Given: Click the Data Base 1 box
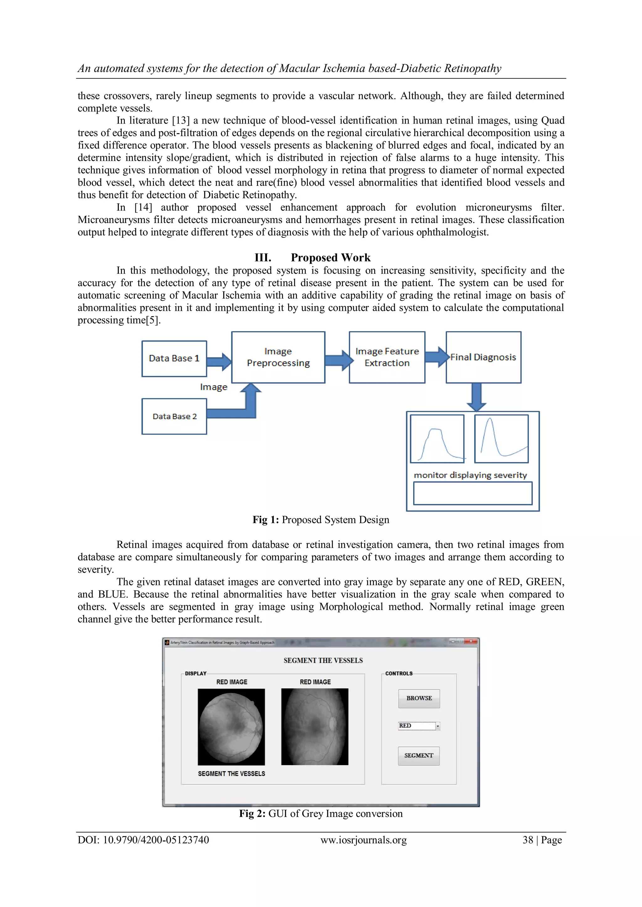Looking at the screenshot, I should [174, 358].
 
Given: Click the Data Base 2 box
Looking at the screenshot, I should [174, 416].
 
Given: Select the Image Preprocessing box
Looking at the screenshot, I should [278, 357].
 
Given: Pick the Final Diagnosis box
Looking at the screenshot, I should [483, 357].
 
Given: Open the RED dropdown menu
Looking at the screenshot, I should [437, 726].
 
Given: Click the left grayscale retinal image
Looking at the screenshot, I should [231, 727].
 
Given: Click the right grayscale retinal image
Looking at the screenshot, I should [315, 727].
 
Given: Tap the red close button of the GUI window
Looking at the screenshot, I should [471, 642].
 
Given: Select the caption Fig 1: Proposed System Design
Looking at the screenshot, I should [321, 520].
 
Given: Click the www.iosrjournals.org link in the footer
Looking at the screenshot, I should [363, 840].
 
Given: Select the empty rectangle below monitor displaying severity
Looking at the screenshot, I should [472, 493].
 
